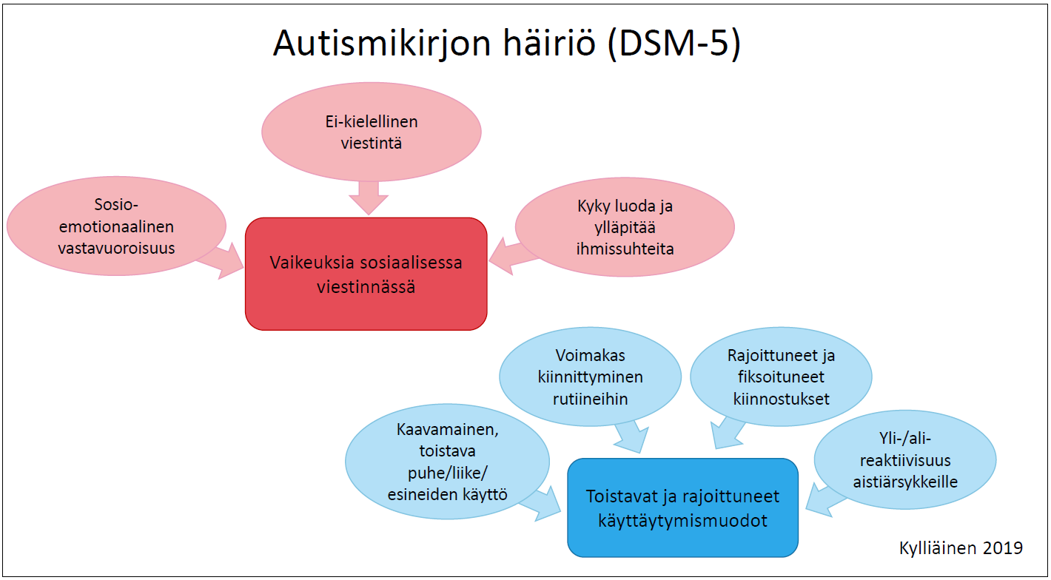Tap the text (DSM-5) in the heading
(674, 44)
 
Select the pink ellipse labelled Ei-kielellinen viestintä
(371, 132)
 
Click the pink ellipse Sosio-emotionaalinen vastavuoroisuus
(116, 226)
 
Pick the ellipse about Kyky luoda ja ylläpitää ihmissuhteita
(625, 227)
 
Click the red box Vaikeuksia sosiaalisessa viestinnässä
(366, 274)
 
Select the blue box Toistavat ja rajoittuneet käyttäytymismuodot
(682, 507)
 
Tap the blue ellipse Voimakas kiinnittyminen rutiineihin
(590, 377)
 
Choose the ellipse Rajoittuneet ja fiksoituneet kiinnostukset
(781, 377)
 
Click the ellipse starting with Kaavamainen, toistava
(447, 462)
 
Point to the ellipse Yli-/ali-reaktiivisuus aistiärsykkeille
(905, 459)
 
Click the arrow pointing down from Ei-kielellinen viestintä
(369, 198)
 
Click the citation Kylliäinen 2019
(961, 547)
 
